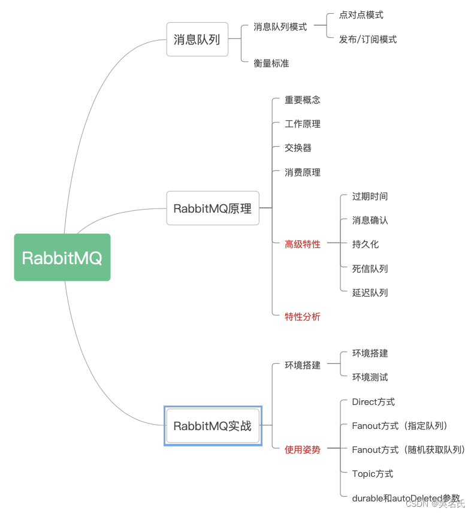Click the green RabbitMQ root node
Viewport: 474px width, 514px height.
tap(62, 258)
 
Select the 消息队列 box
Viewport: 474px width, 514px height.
tap(197, 40)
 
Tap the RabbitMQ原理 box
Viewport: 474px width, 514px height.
tap(213, 208)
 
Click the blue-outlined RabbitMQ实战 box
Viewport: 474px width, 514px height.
tap(213, 426)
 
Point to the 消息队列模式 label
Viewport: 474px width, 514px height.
tap(280, 27)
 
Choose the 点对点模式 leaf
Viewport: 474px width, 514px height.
tap(361, 15)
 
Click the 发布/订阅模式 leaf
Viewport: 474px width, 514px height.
tap(367, 40)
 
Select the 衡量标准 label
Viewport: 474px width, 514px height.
tap(271, 63)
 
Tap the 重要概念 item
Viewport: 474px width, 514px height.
tap(303, 100)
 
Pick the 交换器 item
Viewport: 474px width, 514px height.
tap(298, 148)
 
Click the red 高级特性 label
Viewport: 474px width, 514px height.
tap(303, 244)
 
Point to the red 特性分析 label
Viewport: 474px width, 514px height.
tap(303, 316)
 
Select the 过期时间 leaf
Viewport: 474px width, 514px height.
tap(370, 196)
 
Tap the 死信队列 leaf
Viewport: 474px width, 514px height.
tap(370, 268)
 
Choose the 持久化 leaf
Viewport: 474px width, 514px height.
tap(366, 244)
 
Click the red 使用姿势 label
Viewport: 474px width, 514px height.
tap(303, 449)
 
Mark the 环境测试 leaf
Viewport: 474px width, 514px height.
tap(370, 377)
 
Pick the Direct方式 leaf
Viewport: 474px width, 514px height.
tap(373, 402)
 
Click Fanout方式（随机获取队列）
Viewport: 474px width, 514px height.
tap(409, 449)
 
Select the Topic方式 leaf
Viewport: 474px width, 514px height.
tap(373, 473)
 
